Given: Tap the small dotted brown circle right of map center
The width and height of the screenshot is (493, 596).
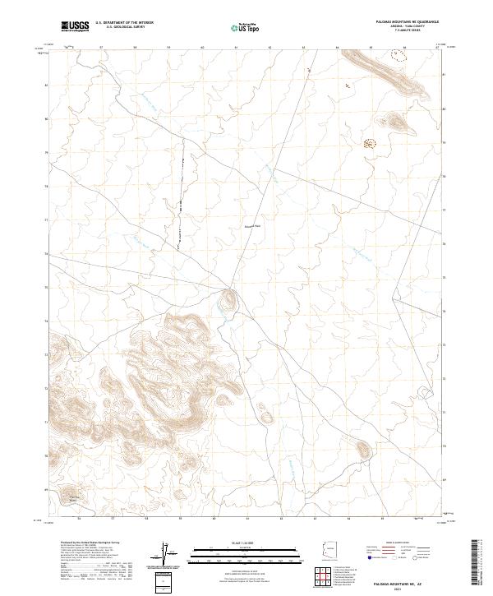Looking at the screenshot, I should point(369,144).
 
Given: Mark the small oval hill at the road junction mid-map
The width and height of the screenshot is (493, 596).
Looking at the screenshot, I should point(228,300).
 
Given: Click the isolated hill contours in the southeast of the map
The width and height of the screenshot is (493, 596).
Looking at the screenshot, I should point(362,449).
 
